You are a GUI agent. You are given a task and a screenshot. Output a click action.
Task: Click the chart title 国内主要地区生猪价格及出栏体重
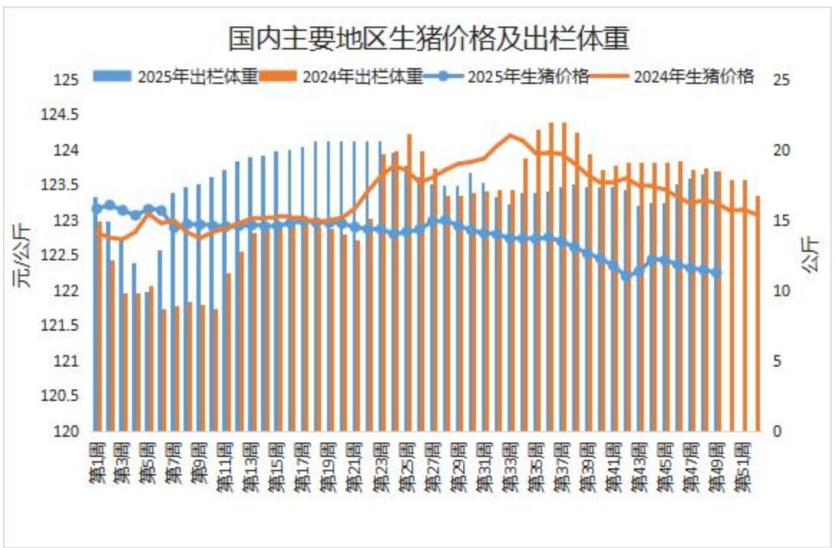[429, 39]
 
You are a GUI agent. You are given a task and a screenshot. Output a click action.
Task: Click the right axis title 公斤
[812, 255]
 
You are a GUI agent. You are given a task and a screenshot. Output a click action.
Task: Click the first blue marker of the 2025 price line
[97, 209]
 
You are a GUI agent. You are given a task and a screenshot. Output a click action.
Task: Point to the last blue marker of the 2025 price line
[718, 273]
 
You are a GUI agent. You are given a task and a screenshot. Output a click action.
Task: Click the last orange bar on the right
[758, 313]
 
